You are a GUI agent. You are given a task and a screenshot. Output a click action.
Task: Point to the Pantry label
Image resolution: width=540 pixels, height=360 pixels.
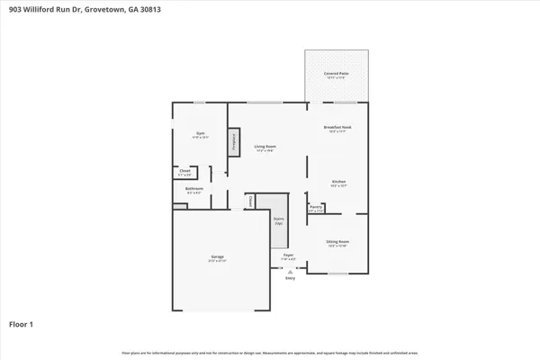(316, 208)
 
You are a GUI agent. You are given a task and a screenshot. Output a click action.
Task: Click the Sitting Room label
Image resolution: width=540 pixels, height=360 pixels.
(337, 242)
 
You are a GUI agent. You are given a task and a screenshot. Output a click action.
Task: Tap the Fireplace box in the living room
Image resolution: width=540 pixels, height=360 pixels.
(234, 142)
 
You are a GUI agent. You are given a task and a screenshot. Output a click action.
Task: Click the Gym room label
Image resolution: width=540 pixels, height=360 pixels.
(200, 135)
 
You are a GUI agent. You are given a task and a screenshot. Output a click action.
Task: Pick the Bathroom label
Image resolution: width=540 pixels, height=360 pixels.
(194, 190)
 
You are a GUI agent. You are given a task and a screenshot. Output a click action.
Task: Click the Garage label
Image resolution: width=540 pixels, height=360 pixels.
(218, 258)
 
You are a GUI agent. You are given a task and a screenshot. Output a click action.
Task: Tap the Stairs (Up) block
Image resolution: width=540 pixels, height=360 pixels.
(279, 220)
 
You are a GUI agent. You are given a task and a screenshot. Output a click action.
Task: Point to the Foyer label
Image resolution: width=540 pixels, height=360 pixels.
(289, 257)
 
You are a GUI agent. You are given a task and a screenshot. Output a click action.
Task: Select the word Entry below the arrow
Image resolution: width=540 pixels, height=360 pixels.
(290, 278)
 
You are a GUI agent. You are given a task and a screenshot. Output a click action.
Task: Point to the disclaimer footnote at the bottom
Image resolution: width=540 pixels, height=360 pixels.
(270, 352)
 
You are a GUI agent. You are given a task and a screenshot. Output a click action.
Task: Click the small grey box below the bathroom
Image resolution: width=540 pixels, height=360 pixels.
(179, 206)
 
